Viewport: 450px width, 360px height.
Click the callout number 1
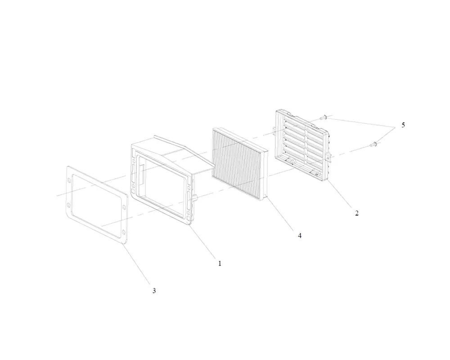[x=220, y=263]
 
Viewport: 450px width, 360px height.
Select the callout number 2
[x=357, y=213]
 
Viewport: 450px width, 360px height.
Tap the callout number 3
[x=154, y=291]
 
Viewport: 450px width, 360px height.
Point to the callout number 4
[x=300, y=235]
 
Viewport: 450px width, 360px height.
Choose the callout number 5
[x=403, y=125]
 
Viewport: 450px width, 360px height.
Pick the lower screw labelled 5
[x=373, y=144]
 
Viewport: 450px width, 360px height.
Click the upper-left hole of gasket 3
[x=68, y=180]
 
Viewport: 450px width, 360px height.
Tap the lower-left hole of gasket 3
[x=68, y=205]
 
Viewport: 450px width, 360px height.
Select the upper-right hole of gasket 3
[x=124, y=207]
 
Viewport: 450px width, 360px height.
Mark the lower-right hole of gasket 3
[x=124, y=232]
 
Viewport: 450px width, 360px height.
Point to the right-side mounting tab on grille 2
[x=328, y=157]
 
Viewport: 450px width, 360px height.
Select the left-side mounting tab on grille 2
[x=274, y=130]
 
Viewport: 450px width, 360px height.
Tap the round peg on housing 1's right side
[x=196, y=198]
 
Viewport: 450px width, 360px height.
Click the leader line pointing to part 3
[x=137, y=264]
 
